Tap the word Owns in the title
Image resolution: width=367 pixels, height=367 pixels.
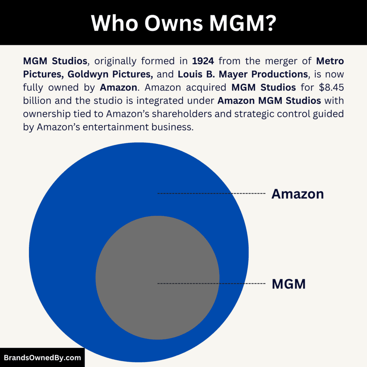pos(171,23)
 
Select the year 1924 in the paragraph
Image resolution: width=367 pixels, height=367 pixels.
pos(203,61)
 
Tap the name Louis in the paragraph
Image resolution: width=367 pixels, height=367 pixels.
pos(191,74)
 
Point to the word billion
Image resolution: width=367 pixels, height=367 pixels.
pos(37,100)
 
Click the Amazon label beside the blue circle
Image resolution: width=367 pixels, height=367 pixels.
pos(297,194)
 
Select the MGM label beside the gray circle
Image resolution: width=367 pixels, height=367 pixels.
pos(289,284)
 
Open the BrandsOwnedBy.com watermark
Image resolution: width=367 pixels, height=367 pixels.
pos(42,357)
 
